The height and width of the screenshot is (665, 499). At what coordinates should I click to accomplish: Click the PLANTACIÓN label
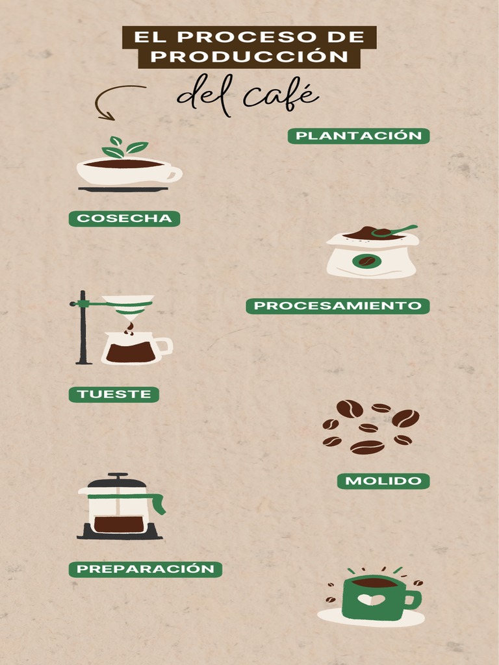click(x=359, y=136)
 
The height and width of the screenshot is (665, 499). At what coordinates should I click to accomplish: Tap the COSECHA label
click(x=124, y=219)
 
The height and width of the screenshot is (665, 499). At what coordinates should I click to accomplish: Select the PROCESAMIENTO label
click(x=337, y=306)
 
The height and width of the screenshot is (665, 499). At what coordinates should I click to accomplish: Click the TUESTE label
click(x=114, y=394)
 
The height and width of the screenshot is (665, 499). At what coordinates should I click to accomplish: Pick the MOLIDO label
click(x=383, y=481)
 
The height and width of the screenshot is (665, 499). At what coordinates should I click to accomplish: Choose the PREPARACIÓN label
click(x=145, y=569)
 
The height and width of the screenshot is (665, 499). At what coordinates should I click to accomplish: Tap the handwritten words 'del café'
click(x=248, y=97)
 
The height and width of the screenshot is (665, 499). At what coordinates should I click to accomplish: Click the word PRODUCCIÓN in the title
click(x=249, y=57)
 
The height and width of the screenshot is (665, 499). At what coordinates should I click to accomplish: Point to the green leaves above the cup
click(x=123, y=149)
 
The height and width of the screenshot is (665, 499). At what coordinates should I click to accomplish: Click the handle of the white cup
click(x=174, y=174)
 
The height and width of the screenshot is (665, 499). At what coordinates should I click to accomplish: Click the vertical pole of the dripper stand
click(x=83, y=328)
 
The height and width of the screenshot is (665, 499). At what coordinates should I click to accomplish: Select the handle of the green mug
click(x=413, y=599)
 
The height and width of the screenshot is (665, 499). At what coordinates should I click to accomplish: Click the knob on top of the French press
click(x=118, y=475)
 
